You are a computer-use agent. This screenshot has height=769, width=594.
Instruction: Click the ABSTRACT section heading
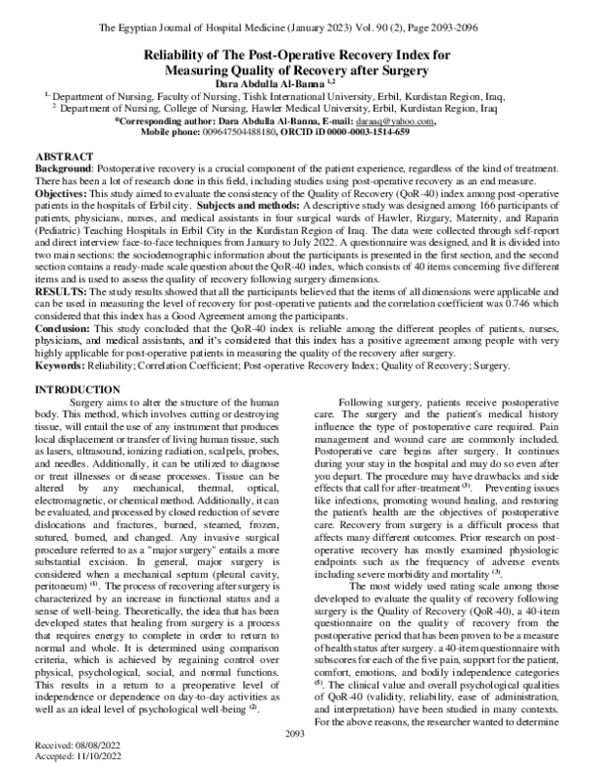pyautogui.click(x=66, y=159)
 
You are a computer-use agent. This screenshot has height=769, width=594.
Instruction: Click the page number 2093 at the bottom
pyautogui.click(x=296, y=732)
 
